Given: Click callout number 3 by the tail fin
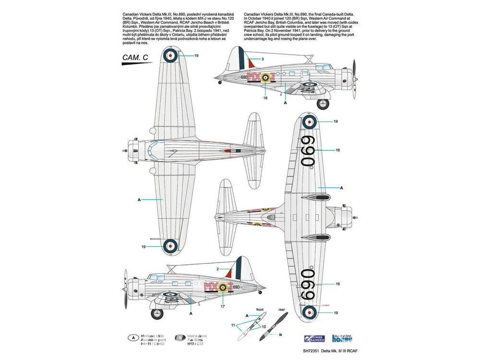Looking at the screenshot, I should coord(263,59).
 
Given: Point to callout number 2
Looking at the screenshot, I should coord(217,269).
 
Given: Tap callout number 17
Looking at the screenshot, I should coord(222,306).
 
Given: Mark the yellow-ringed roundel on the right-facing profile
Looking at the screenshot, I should coord(265,78).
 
